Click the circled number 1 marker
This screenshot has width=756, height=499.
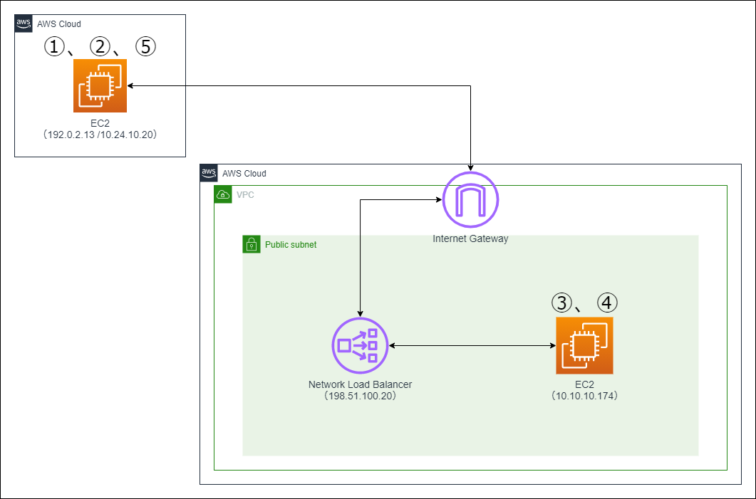point(54,47)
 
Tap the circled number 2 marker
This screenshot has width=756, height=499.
point(100,47)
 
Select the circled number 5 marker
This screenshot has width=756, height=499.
point(145,47)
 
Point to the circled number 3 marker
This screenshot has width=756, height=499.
point(562,303)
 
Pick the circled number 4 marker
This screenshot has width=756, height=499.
point(607,303)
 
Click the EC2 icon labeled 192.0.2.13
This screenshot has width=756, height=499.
point(100,86)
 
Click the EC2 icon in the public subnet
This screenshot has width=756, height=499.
point(584,346)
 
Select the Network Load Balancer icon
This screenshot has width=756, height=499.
point(360,346)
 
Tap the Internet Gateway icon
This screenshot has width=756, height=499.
point(470,200)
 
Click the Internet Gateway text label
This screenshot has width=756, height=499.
point(470,239)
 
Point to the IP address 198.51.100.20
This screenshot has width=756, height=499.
point(360,396)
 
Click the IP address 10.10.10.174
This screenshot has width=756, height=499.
point(584,396)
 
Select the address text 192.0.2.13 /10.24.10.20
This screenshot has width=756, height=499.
point(100,133)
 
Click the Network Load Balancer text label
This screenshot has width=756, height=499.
point(360,384)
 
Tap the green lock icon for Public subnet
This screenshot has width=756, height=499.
point(250,243)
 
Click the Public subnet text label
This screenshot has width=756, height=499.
point(291,244)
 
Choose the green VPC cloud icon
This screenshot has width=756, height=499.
point(222,194)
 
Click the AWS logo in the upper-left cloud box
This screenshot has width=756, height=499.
point(23,23)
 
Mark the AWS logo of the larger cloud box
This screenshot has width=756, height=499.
point(208,172)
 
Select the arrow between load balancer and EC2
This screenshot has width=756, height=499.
point(472,346)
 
